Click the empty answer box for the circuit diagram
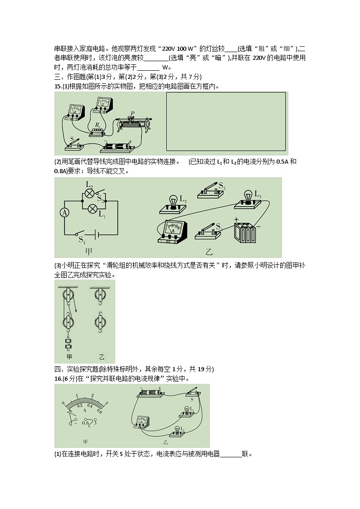(x=226, y=121)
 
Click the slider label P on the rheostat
(x=132, y=113)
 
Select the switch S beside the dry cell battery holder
(x=75, y=145)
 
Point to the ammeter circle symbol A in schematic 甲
(x=65, y=213)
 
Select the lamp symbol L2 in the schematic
(x=89, y=193)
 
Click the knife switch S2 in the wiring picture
(x=210, y=191)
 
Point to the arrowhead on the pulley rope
(x=75, y=310)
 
